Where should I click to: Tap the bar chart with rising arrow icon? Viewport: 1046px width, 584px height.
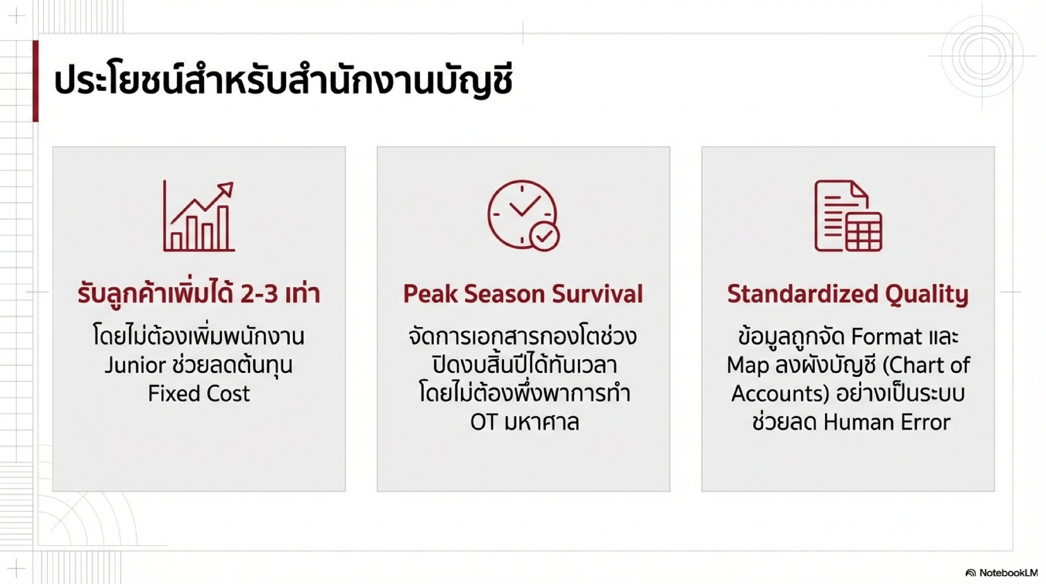199,216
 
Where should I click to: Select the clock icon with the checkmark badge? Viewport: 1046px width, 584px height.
523,216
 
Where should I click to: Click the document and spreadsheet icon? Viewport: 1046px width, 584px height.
848,216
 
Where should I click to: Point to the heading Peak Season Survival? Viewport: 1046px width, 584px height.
523,294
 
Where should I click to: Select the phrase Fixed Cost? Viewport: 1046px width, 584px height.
199,393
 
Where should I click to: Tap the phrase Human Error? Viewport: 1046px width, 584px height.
887,422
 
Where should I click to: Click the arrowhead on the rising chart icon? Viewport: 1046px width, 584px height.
226,189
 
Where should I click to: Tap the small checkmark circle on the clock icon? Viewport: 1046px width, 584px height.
544,237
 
